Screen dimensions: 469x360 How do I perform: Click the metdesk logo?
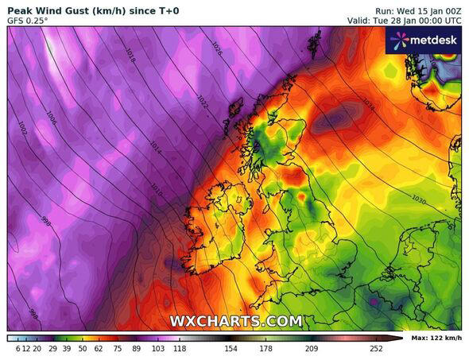point(423,41)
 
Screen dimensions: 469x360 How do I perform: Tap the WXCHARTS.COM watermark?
point(235,321)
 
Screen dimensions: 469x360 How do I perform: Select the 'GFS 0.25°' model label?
point(28,20)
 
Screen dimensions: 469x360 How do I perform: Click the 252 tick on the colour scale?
point(376,348)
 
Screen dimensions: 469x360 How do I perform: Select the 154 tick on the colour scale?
point(230,348)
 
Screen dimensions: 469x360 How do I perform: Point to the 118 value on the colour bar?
point(180,348)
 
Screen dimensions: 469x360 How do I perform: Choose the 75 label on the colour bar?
point(118,348)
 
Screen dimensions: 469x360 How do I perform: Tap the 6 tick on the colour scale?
point(17,348)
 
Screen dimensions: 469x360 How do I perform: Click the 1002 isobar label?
point(21,127)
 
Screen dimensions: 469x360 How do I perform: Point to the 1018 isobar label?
point(130,54)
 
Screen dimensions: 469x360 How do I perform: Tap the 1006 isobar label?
point(52,117)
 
